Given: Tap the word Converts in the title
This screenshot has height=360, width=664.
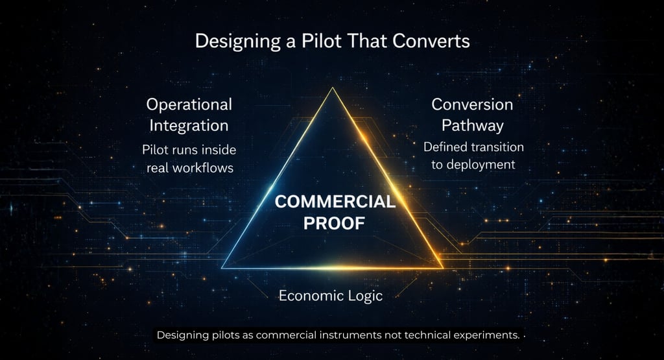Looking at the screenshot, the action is pyautogui.click(x=435, y=42).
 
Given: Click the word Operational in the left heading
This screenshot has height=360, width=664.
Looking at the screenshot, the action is pyautogui.click(x=189, y=104).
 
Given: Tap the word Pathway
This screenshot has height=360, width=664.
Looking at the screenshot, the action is pyautogui.click(x=472, y=125).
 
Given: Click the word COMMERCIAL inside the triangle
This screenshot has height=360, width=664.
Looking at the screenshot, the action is pyautogui.click(x=335, y=201).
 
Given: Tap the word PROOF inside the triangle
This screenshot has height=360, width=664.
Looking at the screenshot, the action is pyautogui.click(x=335, y=222).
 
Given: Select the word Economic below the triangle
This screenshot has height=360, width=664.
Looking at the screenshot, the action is pyautogui.click(x=309, y=296).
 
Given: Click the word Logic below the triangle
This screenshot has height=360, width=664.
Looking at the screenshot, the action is pyautogui.click(x=364, y=296).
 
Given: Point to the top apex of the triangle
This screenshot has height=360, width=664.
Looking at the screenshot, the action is pyautogui.click(x=333, y=88).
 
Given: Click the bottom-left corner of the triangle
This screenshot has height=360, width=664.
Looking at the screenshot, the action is pyautogui.click(x=222, y=268).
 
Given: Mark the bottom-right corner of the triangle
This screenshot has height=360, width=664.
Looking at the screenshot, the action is pyautogui.click(x=443, y=267).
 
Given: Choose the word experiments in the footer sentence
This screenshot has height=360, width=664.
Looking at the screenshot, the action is pyautogui.click(x=487, y=335).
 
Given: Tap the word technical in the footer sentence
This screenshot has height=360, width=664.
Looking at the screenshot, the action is pyautogui.click(x=429, y=335).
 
